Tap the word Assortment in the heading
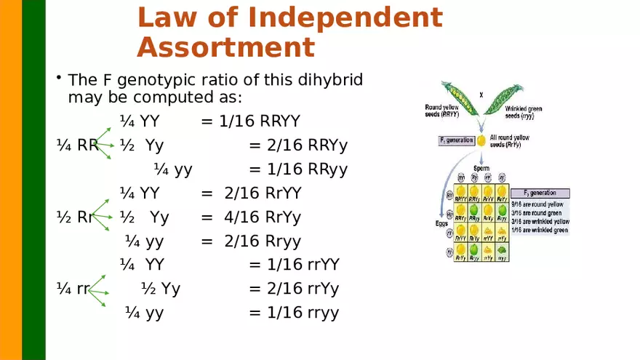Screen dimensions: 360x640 click(225, 48)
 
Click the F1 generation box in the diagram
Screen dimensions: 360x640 click(457, 140)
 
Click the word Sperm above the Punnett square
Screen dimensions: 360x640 click(481, 168)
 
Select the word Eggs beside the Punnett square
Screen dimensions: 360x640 click(441, 223)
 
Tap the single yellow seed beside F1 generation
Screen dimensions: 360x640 click(481, 140)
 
